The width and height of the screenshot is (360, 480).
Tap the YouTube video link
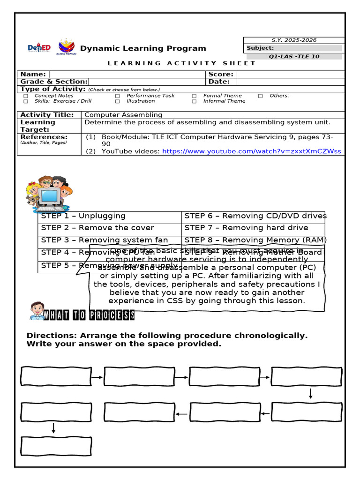[251, 151]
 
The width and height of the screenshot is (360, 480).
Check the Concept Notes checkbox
[26, 96]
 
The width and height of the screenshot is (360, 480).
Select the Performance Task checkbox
[117, 96]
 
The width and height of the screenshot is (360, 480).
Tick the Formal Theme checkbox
[194, 96]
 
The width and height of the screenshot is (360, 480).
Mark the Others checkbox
[260, 96]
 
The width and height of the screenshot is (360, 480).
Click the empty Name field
[127, 74]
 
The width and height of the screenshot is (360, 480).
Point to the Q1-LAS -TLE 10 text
[292, 57]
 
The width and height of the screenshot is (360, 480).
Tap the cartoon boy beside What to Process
[37, 311]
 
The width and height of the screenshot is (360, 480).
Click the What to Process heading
[89, 315]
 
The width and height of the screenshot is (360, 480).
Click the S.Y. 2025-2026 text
[293, 40]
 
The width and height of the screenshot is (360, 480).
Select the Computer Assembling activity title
[123, 115]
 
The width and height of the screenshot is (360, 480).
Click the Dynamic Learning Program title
[143, 48]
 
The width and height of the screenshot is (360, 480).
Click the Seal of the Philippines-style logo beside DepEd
[66, 48]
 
